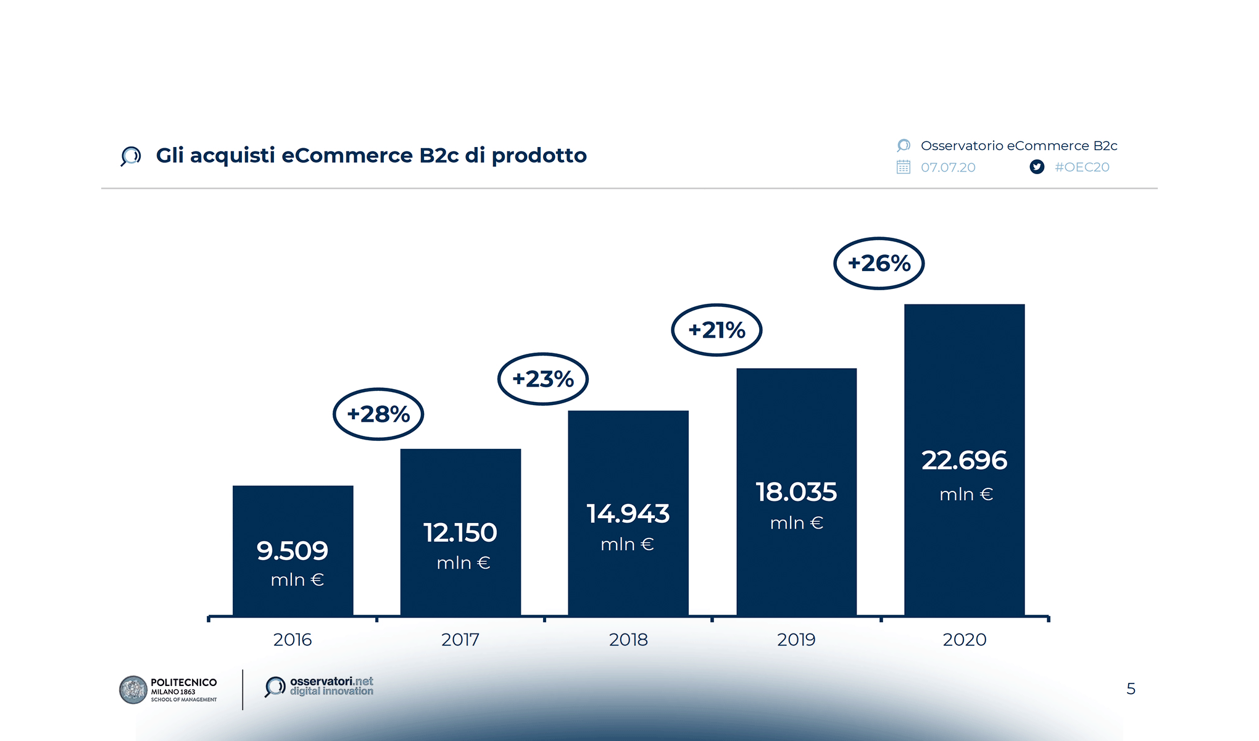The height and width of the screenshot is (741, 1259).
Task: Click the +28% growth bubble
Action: click(378, 414)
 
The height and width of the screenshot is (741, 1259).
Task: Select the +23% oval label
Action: click(543, 379)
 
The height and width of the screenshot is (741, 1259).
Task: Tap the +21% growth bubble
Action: click(717, 330)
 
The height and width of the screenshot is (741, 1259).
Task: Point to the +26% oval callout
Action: click(879, 263)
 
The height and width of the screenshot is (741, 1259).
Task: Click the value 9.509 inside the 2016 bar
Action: click(293, 550)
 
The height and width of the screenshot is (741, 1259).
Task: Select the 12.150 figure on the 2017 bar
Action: click(460, 532)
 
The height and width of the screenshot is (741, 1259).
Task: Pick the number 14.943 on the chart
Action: click(628, 513)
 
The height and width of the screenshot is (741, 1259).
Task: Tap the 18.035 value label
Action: click(796, 492)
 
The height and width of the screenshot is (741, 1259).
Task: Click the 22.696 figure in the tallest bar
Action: click(964, 460)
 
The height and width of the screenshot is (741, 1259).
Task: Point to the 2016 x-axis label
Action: click(293, 639)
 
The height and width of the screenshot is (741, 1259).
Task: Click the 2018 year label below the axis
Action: click(628, 639)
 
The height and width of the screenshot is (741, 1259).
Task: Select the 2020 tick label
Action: click(964, 639)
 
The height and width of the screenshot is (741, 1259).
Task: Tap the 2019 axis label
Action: click(796, 639)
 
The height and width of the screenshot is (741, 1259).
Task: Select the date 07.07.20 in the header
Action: click(948, 167)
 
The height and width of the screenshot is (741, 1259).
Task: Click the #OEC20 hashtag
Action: click(1082, 167)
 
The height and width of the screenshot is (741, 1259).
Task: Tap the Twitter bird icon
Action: click(1037, 167)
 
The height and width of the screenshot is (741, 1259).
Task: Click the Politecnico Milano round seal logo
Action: click(133, 690)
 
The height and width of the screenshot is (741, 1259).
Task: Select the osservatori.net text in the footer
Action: click(331, 681)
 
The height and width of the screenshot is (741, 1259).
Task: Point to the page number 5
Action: click(1131, 689)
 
